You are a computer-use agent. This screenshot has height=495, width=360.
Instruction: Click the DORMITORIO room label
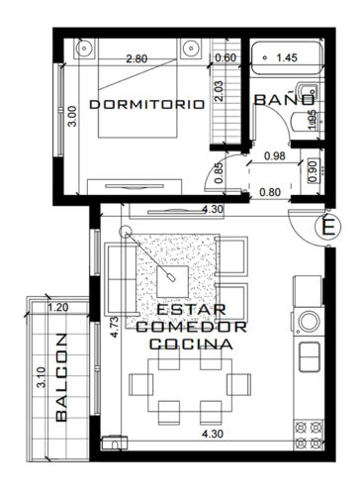145,103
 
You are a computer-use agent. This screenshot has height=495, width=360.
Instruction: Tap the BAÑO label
285,101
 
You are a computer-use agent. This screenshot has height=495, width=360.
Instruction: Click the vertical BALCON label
61,390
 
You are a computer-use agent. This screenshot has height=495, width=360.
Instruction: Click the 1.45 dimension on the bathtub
288,58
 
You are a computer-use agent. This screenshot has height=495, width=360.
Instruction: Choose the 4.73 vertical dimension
115,327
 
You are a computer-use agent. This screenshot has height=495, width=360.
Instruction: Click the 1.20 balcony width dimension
59,307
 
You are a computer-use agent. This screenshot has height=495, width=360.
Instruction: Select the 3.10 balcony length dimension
40,379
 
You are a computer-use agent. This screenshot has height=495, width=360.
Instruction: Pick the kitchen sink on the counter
310,353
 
